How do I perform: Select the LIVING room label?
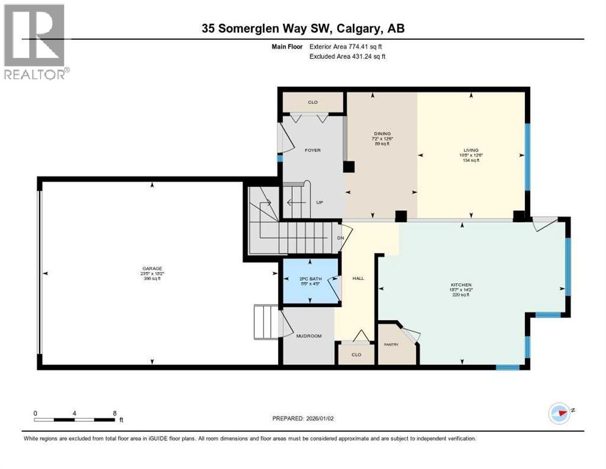(471, 150)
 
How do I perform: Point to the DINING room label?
(382, 134)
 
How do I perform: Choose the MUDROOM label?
(309, 336)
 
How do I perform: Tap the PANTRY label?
(391, 344)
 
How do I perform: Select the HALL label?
(358, 278)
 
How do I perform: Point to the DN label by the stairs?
(341, 238)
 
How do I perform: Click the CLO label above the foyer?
(313, 102)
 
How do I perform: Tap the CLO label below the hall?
(356, 354)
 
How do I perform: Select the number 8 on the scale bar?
(115, 413)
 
